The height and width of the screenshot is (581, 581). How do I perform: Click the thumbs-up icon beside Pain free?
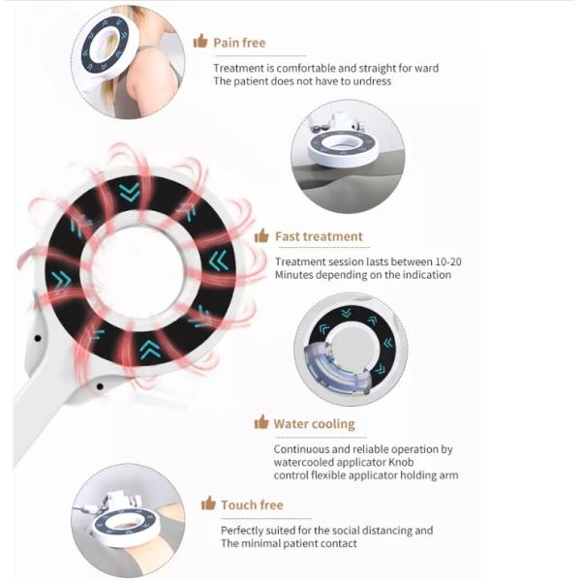coord(200,41)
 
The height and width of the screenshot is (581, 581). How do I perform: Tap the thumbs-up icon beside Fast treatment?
coord(261,235)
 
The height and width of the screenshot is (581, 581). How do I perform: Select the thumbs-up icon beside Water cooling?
coord(261,422)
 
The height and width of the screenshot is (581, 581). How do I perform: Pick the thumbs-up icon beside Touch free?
coord(208,504)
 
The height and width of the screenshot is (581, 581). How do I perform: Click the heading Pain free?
coord(239,43)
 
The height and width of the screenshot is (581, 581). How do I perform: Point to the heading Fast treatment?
coord(319,236)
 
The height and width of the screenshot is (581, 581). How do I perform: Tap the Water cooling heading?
coord(314,424)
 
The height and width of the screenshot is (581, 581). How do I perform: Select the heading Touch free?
coord(252,505)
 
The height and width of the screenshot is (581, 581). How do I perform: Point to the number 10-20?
coord(448,262)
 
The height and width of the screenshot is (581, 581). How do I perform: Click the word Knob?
coord(401,462)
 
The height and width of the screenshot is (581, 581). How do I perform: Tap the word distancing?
coord(387,531)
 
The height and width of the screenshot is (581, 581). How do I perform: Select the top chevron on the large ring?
coord(130,192)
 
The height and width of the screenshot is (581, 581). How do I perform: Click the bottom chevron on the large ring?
coord(150,351)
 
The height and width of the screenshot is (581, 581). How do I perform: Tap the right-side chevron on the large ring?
coord(219,260)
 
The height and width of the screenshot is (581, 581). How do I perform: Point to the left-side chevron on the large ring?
coord(62,280)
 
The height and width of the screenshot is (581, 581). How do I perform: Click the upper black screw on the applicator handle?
coord(38,338)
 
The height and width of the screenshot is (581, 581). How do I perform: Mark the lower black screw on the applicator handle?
coord(100,386)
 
